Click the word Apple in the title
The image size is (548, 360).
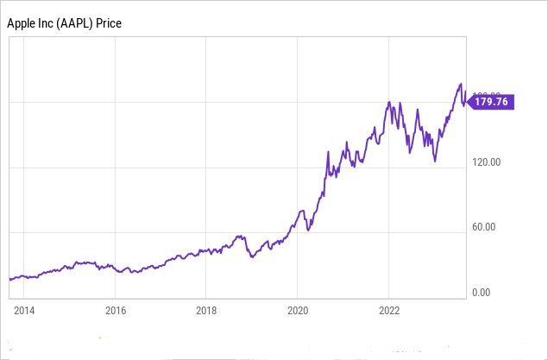pyautogui.click(x=22, y=22)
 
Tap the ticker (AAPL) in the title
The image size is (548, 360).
pyautogui.click(x=80, y=22)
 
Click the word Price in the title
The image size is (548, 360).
pyautogui.click(x=123, y=22)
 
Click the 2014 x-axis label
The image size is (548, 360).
pyautogui.click(x=24, y=310)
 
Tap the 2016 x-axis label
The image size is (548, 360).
pyautogui.click(x=115, y=310)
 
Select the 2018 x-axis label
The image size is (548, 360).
pyautogui.click(x=205, y=310)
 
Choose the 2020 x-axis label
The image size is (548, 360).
pyautogui.click(x=297, y=310)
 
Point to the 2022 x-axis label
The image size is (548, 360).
pyautogui.click(x=388, y=310)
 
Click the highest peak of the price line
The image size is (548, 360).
pyautogui.click(x=459, y=84)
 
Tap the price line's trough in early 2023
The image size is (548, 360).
pyautogui.click(x=434, y=161)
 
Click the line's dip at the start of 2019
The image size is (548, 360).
pyautogui.click(x=251, y=257)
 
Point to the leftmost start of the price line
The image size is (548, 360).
pyautogui.click(x=9, y=279)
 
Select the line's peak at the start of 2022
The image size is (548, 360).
pyautogui.click(x=389, y=102)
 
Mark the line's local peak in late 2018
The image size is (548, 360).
pyautogui.click(x=239, y=235)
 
